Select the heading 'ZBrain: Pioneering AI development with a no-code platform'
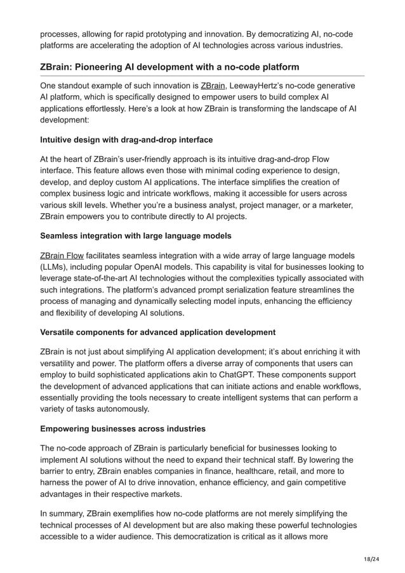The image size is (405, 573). click(169, 67)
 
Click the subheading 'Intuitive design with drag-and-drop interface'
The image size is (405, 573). click(126, 139)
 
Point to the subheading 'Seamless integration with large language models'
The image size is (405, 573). click(135, 235)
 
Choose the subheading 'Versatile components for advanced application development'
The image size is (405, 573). click(157, 332)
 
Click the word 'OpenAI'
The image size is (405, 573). click(170, 267)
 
